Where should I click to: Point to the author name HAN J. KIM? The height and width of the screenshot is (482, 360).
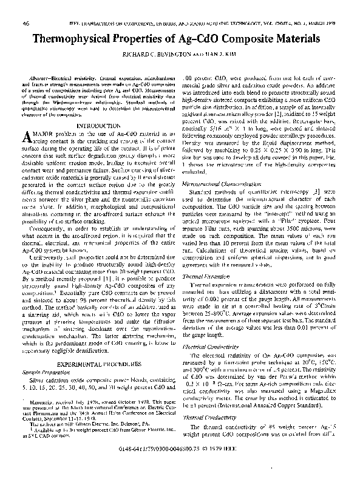(217, 53)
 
